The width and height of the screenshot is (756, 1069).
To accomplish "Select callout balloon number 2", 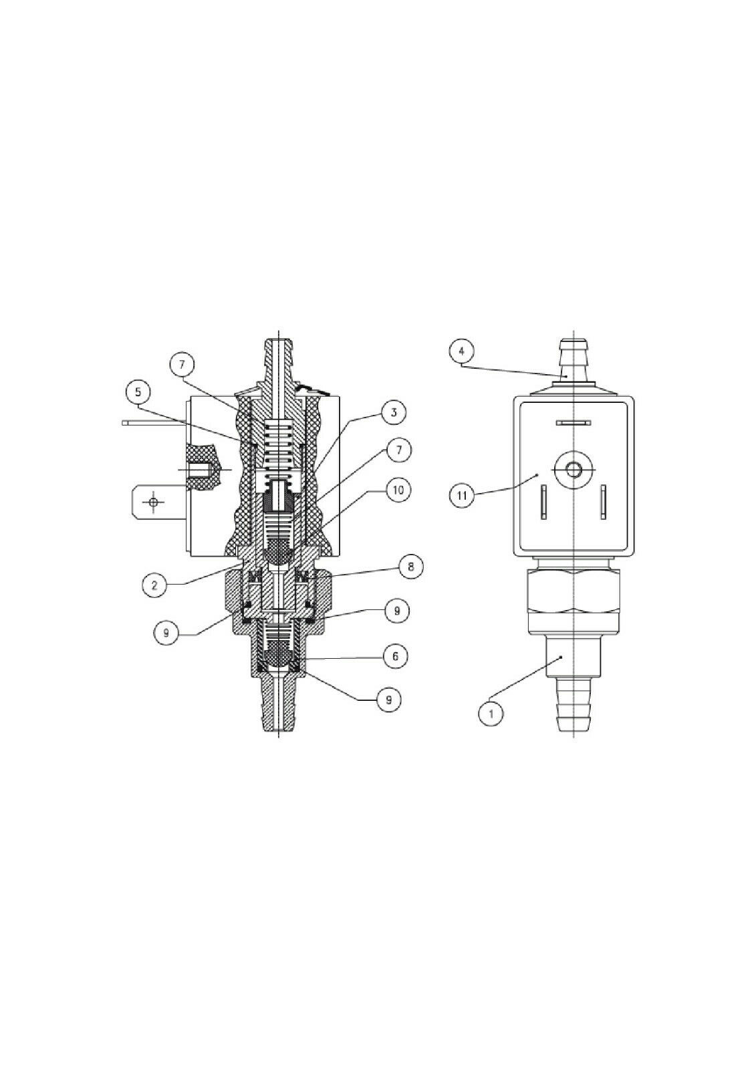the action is (154, 585).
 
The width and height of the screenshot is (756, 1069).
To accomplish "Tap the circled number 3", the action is (392, 412).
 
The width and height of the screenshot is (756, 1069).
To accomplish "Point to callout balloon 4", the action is (461, 351).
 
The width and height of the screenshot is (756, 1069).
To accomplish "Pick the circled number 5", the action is (138, 392).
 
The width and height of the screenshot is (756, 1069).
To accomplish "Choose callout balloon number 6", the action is (394, 656).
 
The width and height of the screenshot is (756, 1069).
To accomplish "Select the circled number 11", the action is (462, 495).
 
